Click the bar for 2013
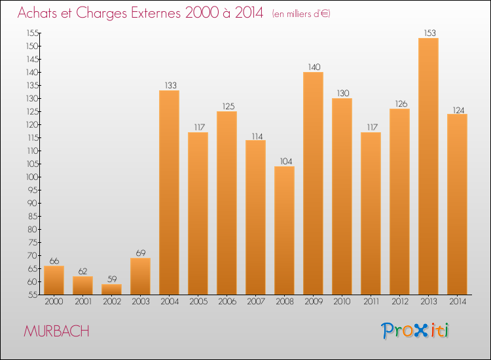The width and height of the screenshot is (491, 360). (428, 166)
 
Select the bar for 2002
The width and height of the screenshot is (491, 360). (112, 289)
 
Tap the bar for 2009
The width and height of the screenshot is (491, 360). (313, 183)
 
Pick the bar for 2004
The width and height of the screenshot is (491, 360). (170, 192)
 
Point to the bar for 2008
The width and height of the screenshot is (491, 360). (284, 230)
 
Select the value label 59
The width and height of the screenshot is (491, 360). (112, 279)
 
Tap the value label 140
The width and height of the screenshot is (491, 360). (313, 67)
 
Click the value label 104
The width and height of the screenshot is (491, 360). (284, 161)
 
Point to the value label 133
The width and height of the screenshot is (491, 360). (170, 85)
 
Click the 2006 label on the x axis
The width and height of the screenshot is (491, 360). (227, 301)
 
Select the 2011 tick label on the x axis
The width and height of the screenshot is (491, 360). (371, 301)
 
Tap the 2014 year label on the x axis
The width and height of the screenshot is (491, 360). (457, 301)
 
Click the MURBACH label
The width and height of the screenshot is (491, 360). (56, 331)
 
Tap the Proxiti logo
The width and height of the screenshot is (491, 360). (416, 331)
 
